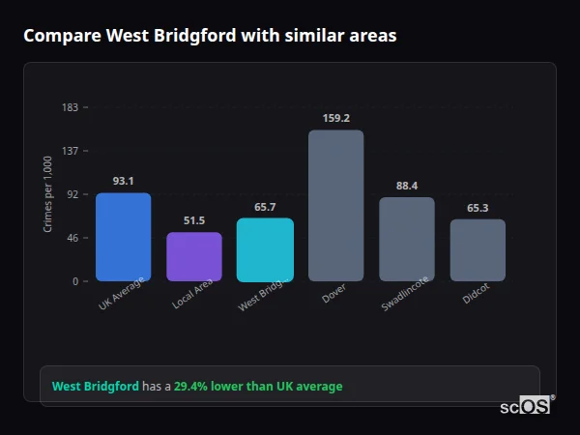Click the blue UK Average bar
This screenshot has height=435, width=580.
[x=123, y=237]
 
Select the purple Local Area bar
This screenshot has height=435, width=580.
[x=194, y=256]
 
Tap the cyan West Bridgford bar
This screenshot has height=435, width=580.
[x=265, y=249]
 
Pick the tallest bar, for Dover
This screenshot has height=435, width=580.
[x=335, y=205]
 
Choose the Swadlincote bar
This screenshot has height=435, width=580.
[x=407, y=239]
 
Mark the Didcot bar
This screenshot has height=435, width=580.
[x=478, y=249]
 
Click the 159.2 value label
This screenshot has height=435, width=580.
[x=335, y=119]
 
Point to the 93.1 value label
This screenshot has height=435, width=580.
[x=123, y=181]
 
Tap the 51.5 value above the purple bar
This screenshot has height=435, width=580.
[x=194, y=220]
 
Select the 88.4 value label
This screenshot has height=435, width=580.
[x=407, y=186]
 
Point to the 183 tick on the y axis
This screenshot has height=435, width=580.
[x=70, y=107]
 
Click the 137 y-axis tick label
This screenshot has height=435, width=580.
[x=70, y=151]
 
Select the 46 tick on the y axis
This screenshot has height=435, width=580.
[x=72, y=238]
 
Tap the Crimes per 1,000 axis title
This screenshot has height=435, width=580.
[x=47, y=193]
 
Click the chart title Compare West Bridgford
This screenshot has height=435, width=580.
[x=210, y=36]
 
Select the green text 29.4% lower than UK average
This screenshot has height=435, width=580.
[x=258, y=387]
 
